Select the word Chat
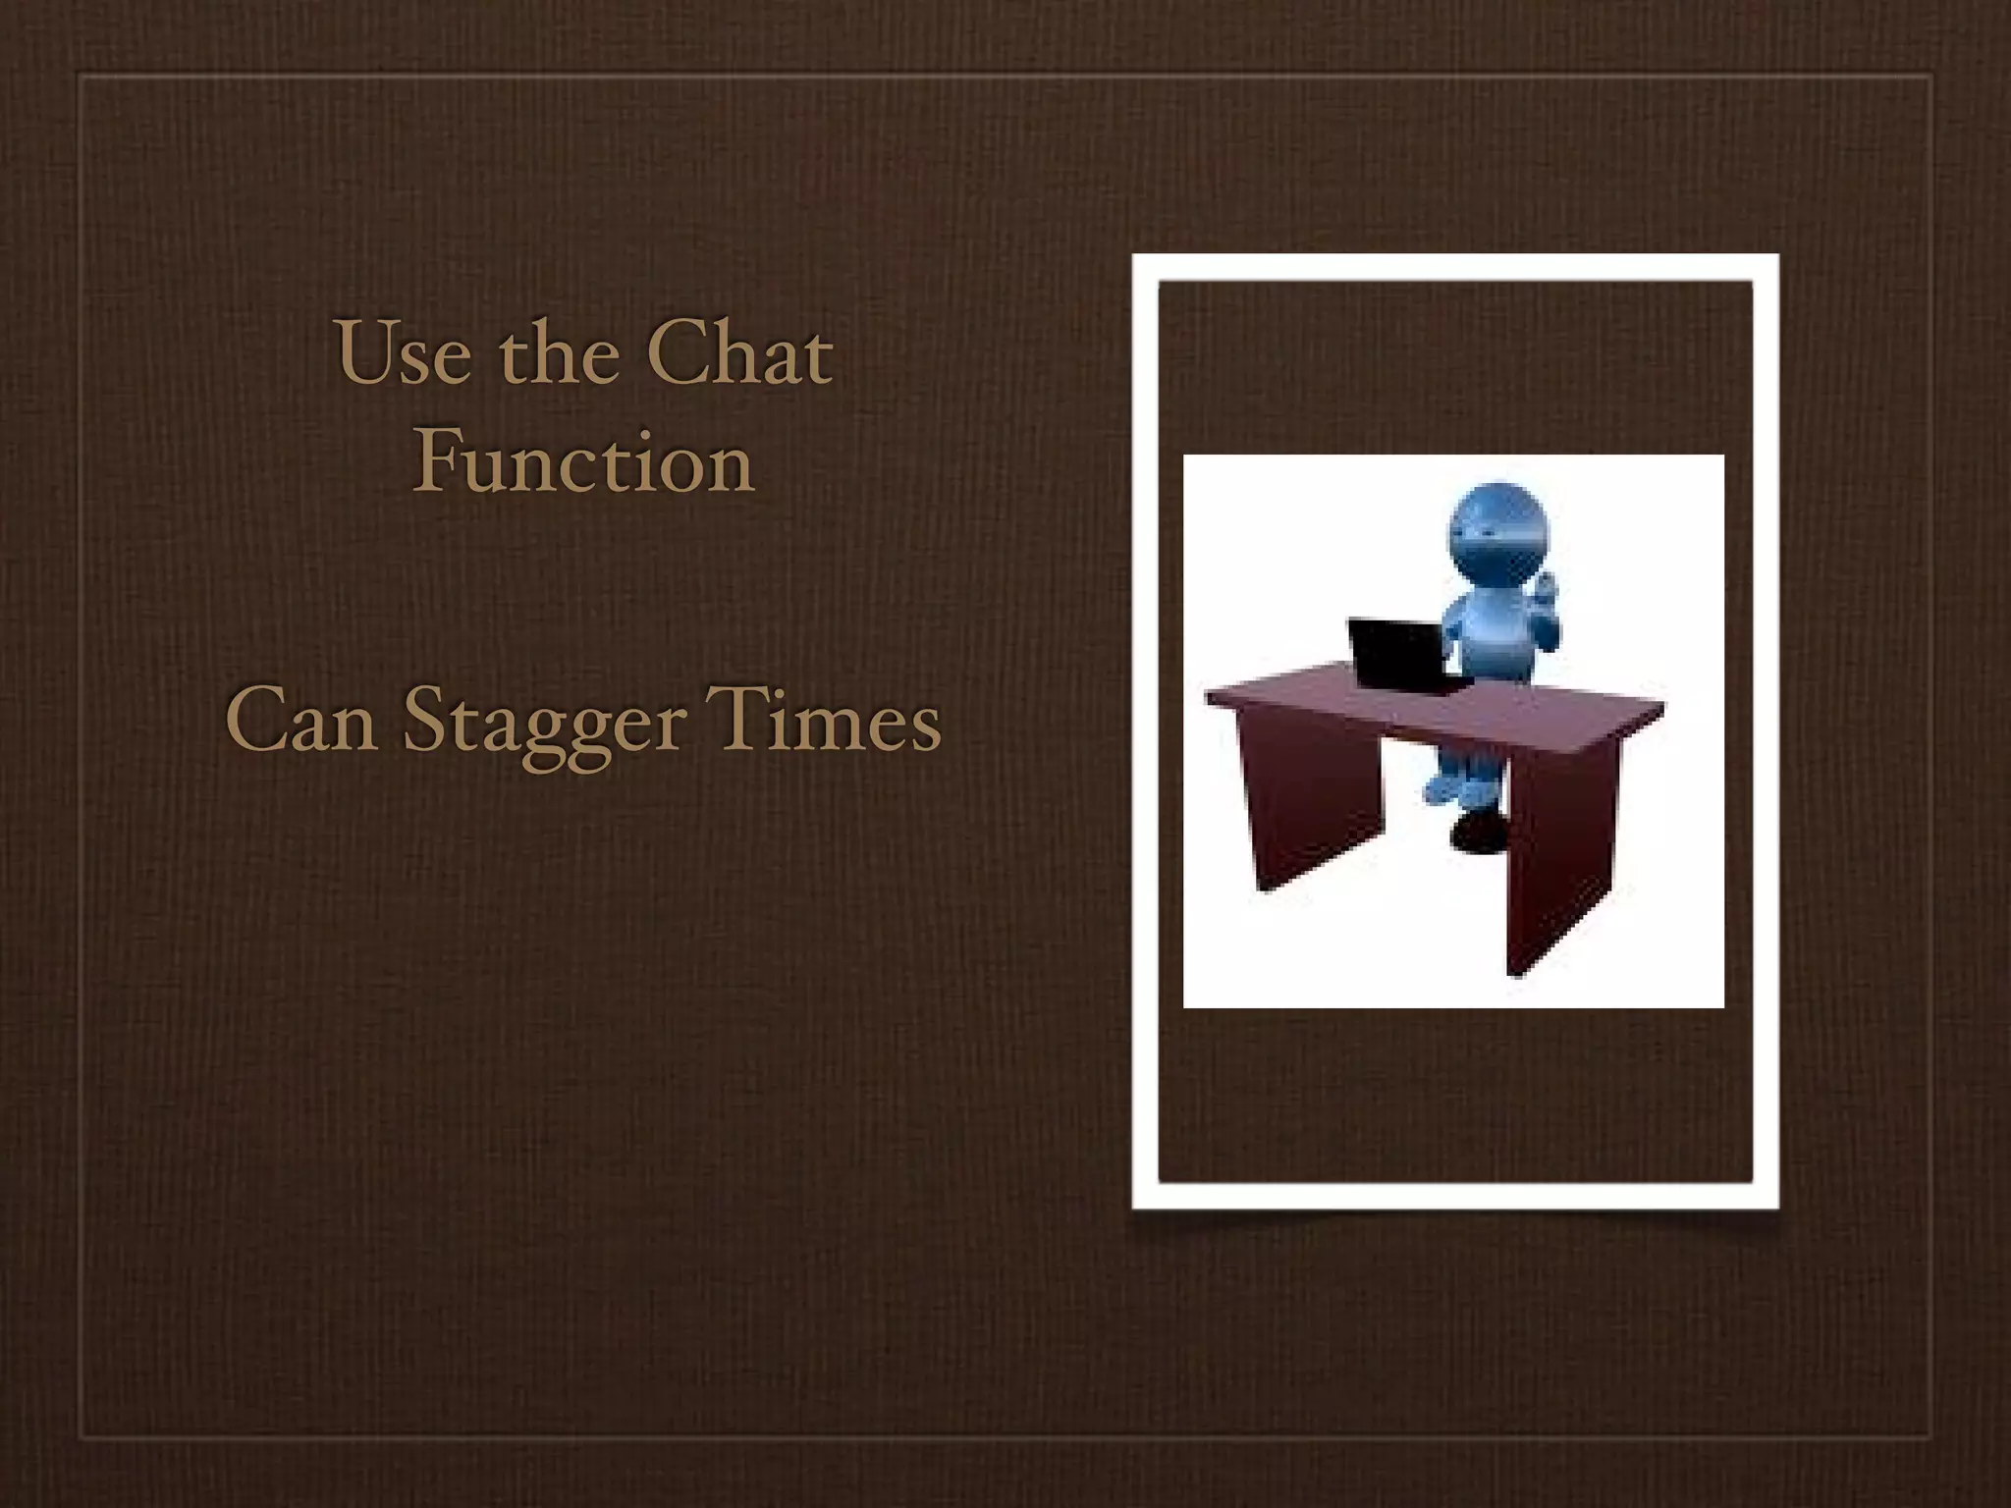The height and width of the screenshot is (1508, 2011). tap(738, 353)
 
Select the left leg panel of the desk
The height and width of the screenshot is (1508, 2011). tap(1311, 795)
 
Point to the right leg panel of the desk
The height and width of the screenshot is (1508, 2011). tap(1561, 854)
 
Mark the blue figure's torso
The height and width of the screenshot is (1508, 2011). tap(1493, 638)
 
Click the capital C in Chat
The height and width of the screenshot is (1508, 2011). tap(678, 353)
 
